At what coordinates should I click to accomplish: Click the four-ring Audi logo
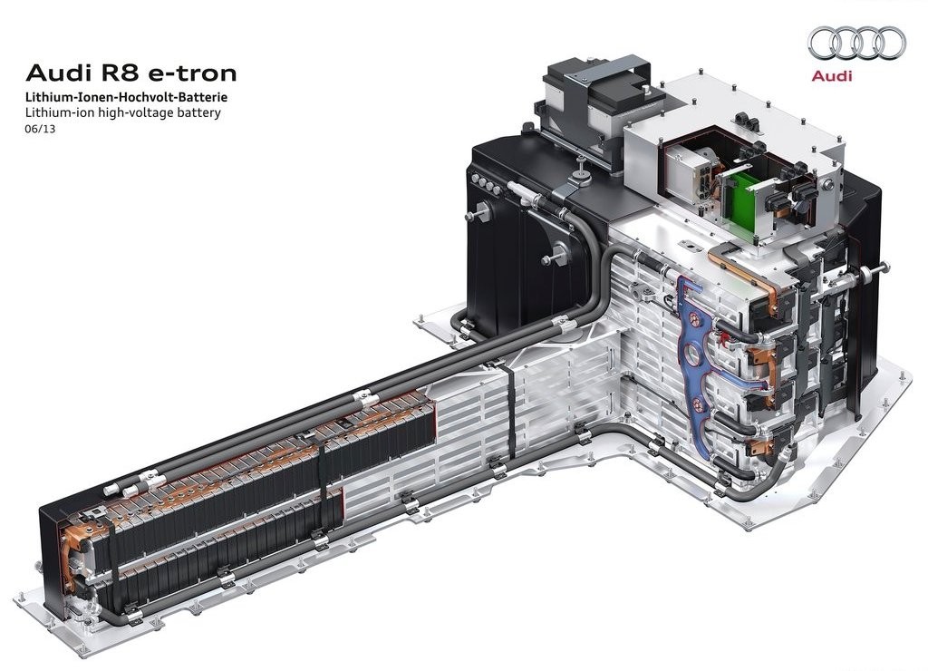click(x=857, y=44)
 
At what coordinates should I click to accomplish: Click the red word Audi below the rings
click(x=832, y=76)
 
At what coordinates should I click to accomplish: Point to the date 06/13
click(x=40, y=129)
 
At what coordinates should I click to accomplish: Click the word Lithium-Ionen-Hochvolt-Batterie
click(x=126, y=97)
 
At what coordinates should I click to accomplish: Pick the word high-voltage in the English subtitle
click(x=140, y=113)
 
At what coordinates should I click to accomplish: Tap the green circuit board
click(x=749, y=199)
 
